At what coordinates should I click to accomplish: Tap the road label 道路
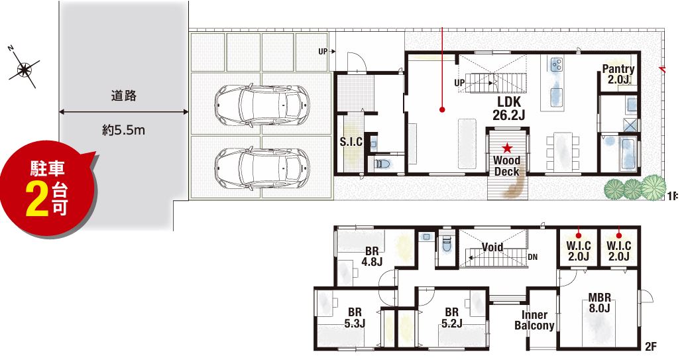[124, 95]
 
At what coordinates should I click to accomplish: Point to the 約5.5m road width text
[123, 130]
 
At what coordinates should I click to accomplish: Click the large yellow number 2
[37, 200]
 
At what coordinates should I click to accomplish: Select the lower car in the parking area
[262, 168]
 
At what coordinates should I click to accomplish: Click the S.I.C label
[351, 142]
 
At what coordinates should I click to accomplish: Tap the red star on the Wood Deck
[507, 147]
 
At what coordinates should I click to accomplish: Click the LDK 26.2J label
[509, 109]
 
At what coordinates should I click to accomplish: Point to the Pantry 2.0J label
[618, 74]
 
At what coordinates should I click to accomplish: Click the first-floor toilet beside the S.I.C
[382, 164]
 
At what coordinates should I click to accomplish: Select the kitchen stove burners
[557, 65]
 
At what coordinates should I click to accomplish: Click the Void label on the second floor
[492, 247]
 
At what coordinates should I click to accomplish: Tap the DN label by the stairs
[532, 257]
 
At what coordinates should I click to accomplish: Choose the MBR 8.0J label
[599, 303]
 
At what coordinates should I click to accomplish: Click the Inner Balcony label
[534, 320]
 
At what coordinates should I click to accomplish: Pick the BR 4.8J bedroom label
[372, 257]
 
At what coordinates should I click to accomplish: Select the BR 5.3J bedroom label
[355, 318]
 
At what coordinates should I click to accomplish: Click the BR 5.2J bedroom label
[451, 318]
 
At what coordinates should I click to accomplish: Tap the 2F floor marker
[651, 347]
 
